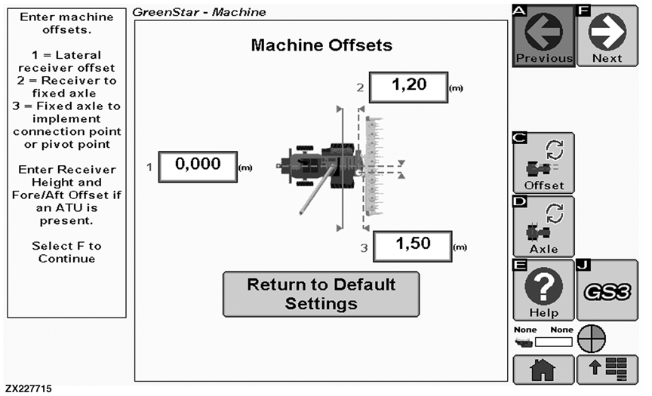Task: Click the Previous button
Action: (543, 36)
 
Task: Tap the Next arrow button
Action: (607, 36)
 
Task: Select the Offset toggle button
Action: (543, 163)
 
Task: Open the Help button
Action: (543, 290)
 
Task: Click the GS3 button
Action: (607, 290)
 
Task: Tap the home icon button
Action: (543, 370)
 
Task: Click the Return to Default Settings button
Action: (321, 294)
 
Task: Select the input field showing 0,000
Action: (198, 164)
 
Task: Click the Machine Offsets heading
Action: (321, 45)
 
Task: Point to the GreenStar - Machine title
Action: (199, 12)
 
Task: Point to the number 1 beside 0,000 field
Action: (149, 167)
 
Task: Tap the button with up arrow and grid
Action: (607, 370)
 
